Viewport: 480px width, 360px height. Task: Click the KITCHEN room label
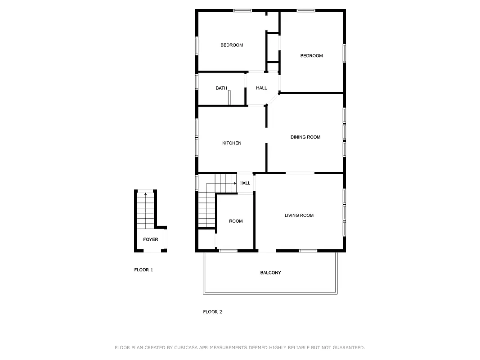coord(232,143)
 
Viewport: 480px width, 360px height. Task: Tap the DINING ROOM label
coord(305,137)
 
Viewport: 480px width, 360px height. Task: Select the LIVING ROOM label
coord(299,216)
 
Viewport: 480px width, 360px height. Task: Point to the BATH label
coord(221,88)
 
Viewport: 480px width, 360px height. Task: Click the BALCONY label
coord(270,273)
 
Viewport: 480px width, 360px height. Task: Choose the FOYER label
coord(151,239)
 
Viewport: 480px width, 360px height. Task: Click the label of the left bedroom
coord(232,45)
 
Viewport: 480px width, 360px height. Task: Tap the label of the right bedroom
coord(312,56)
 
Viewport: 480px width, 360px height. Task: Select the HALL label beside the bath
coord(261,88)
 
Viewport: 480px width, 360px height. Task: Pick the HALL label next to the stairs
coord(245,183)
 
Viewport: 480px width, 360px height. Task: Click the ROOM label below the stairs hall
coord(236,221)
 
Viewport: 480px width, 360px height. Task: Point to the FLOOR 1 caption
coord(144,270)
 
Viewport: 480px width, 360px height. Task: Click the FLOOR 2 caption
coord(212,312)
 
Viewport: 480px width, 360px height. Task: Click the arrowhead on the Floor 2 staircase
coord(236,184)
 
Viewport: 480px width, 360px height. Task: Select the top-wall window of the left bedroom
coord(242,10)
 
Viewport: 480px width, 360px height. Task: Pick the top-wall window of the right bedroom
coord(306,10)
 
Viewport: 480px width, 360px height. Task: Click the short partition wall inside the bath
coord(229,97)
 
